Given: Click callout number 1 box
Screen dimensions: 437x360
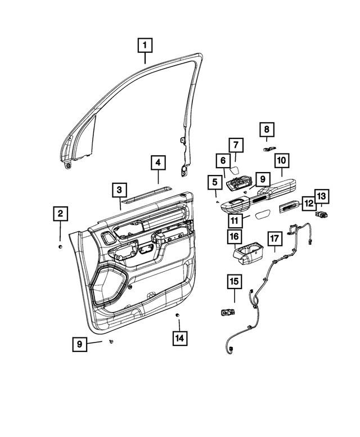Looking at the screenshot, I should [145, 44].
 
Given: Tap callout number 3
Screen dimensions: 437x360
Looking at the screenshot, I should [119, 191].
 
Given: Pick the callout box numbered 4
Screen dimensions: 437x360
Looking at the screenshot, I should [159, 163].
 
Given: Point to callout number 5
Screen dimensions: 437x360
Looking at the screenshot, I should [214, 182].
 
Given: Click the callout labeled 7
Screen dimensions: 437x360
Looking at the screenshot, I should [236, 145].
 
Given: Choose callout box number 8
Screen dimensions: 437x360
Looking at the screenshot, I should [267, 130].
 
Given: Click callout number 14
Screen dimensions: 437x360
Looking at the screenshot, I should [180, 338].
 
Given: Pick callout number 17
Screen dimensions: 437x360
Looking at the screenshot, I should [274, 239].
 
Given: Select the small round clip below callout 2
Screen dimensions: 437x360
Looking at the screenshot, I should [60, 246].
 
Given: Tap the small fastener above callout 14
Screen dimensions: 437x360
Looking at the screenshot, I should [177, 313].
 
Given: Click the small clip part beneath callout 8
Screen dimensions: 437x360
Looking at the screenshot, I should [268, 148].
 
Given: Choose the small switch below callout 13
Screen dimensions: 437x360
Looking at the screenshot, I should [322, 214].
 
